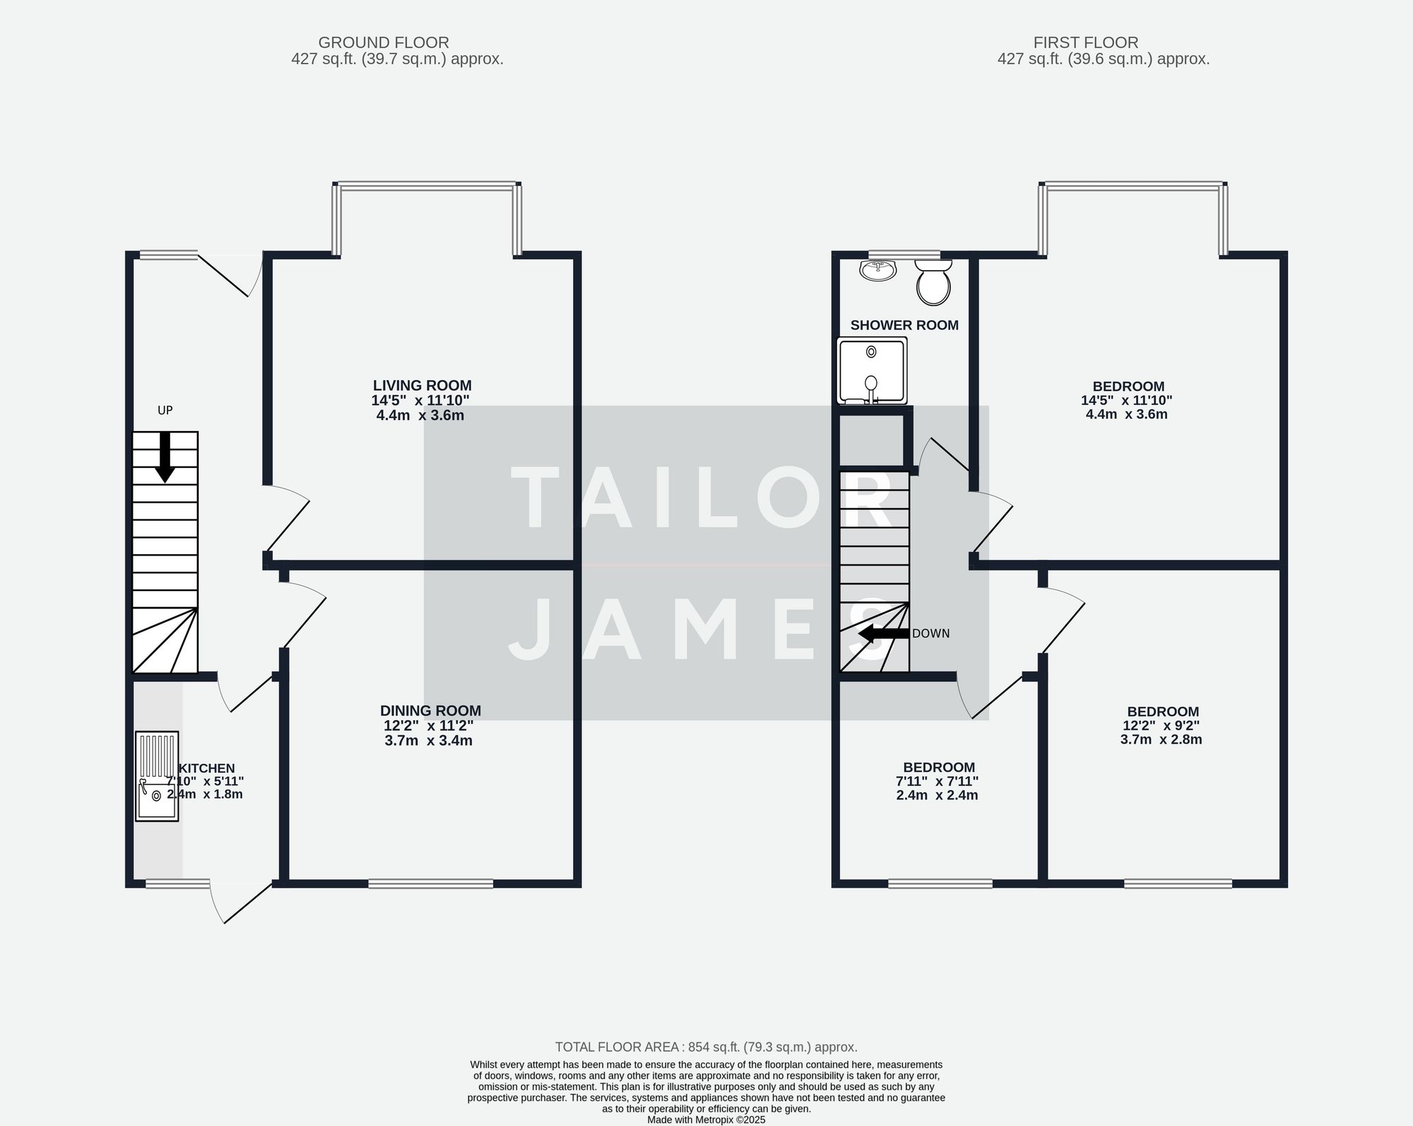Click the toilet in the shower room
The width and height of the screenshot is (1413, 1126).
tap(933, 283)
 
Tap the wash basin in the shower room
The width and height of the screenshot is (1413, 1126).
tap(878, 270)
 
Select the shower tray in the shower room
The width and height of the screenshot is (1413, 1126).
tap(872, 371)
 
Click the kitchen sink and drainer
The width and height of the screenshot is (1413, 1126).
tap(157, 776)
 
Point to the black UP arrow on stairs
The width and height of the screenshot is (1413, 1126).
tap(165, 457)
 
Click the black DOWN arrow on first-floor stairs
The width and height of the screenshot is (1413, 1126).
tap(883, 633)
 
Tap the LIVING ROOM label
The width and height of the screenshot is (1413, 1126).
tap(422, 386)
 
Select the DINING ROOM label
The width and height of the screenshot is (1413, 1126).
tap(430, 711)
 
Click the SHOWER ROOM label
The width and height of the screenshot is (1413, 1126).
tap(904, 326)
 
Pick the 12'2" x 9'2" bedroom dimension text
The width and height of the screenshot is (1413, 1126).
tap(1161, 726)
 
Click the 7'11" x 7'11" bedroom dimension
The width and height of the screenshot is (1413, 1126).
tap(937, 782)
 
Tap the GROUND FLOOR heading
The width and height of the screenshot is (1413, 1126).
tap(384, 43)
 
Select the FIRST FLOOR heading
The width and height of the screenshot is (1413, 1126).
tap(1086, 43)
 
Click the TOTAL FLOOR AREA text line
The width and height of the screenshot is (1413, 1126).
tap(706, 1048)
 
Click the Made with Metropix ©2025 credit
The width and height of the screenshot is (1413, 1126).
tap(706, 1120)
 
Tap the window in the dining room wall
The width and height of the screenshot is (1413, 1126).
tap(431, 884)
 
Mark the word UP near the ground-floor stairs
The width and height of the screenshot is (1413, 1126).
tap(165, 411)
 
